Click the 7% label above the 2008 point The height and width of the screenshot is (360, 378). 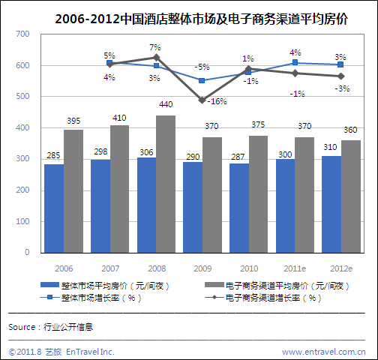155,47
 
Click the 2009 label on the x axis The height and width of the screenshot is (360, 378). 202,268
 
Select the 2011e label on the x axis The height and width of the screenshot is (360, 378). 294,268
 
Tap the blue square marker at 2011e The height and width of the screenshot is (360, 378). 294,63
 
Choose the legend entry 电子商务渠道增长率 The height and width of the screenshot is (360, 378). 273,298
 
